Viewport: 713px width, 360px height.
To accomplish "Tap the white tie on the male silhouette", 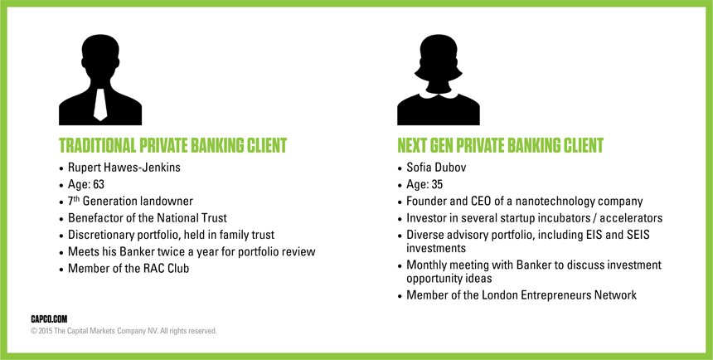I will pos(99,103).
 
